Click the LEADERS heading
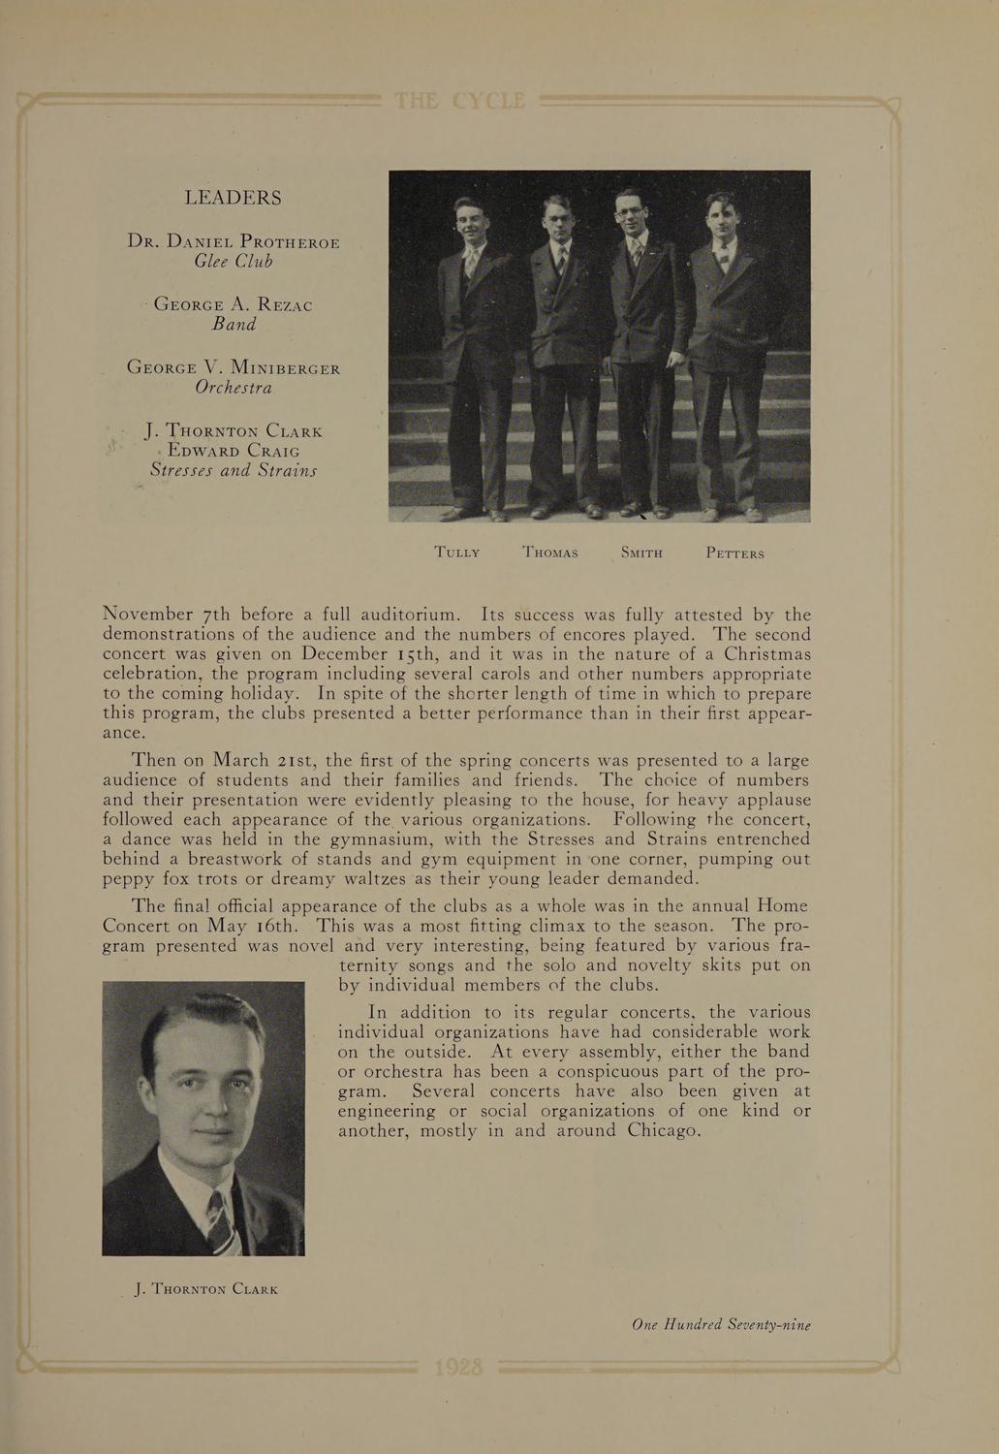pos(234,198)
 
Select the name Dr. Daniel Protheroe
pos(234,241)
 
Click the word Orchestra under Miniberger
pos(234,388)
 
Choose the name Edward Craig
pos(234,451)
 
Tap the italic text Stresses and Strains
pos(234,471)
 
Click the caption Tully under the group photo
pos(457,553)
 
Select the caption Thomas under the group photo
pos(550,553)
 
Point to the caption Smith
pos(641,553)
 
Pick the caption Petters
pos(735,553)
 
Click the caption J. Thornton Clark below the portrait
pos(207,1289)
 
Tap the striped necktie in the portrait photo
pos(221,1223)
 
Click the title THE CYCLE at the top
pos(460,102)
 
